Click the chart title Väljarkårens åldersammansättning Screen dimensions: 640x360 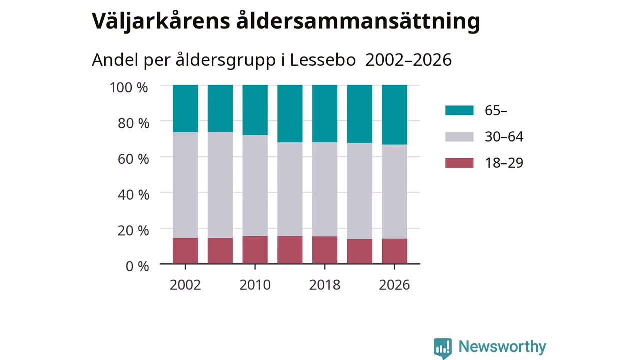click(286, 21)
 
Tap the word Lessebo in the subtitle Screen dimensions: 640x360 click(323, 60)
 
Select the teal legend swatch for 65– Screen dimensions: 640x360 click(459, 110)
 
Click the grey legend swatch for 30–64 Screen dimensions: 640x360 click(459, 137)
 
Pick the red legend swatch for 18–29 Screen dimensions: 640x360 click(459, 163)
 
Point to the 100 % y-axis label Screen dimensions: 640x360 click(129, 87)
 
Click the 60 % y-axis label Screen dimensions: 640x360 click(133, 159)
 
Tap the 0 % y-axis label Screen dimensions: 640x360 click(137, 266)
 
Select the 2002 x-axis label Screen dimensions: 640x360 click(185, 285)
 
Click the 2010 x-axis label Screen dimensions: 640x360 click(255, 285)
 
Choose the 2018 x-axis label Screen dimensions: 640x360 click(325, 285)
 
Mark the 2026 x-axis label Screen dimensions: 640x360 click(394, 285)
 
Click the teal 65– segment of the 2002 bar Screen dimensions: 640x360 click(185, 108)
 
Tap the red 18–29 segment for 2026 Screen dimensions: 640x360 click(395, 251)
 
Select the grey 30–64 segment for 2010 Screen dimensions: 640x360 click(255, 185)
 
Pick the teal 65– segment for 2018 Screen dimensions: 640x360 click(325, 113)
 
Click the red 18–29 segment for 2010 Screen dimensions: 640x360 click(255, 249)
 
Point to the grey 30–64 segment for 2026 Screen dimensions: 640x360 click(395, 191)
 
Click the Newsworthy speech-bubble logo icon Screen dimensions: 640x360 click(443, 348)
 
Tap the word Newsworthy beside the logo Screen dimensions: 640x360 click(502, 347)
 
